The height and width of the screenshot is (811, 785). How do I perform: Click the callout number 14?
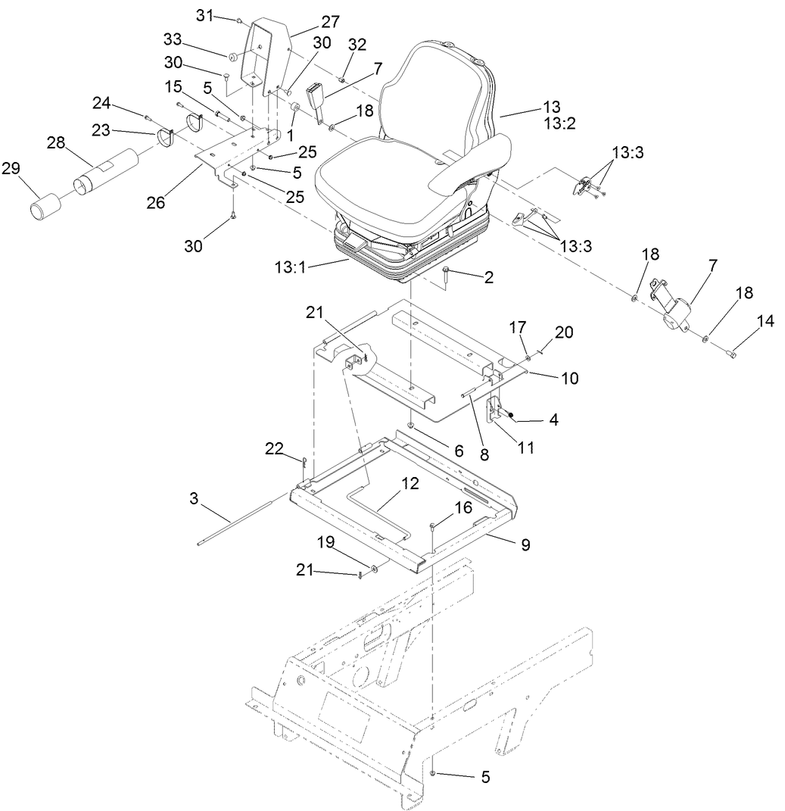(x=765, y=321)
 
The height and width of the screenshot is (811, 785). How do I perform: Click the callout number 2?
(x=488, y=278)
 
